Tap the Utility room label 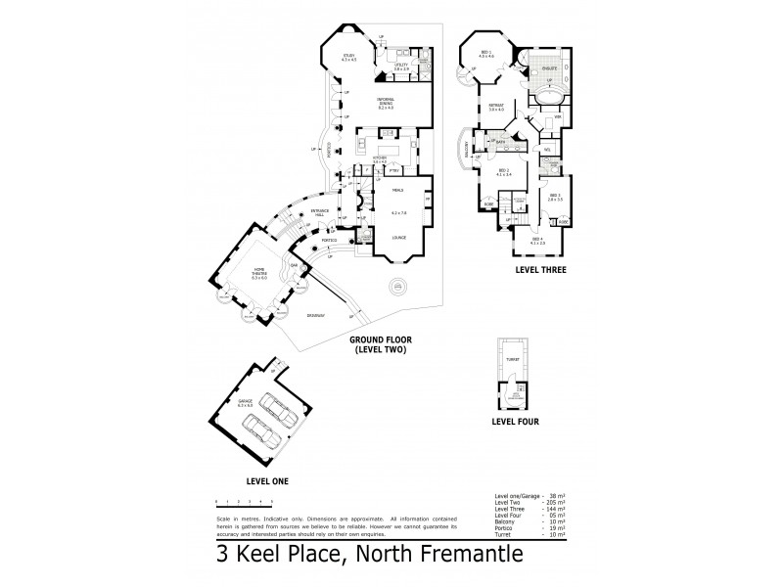[401, 67]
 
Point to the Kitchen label [381, 158]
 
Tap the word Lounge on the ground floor [398, 237]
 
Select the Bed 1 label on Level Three [485, 55]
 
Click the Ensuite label [551, 69]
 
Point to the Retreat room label [496, 107]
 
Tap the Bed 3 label [555, 197]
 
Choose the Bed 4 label [537, 240]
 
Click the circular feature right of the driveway [399, 288]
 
